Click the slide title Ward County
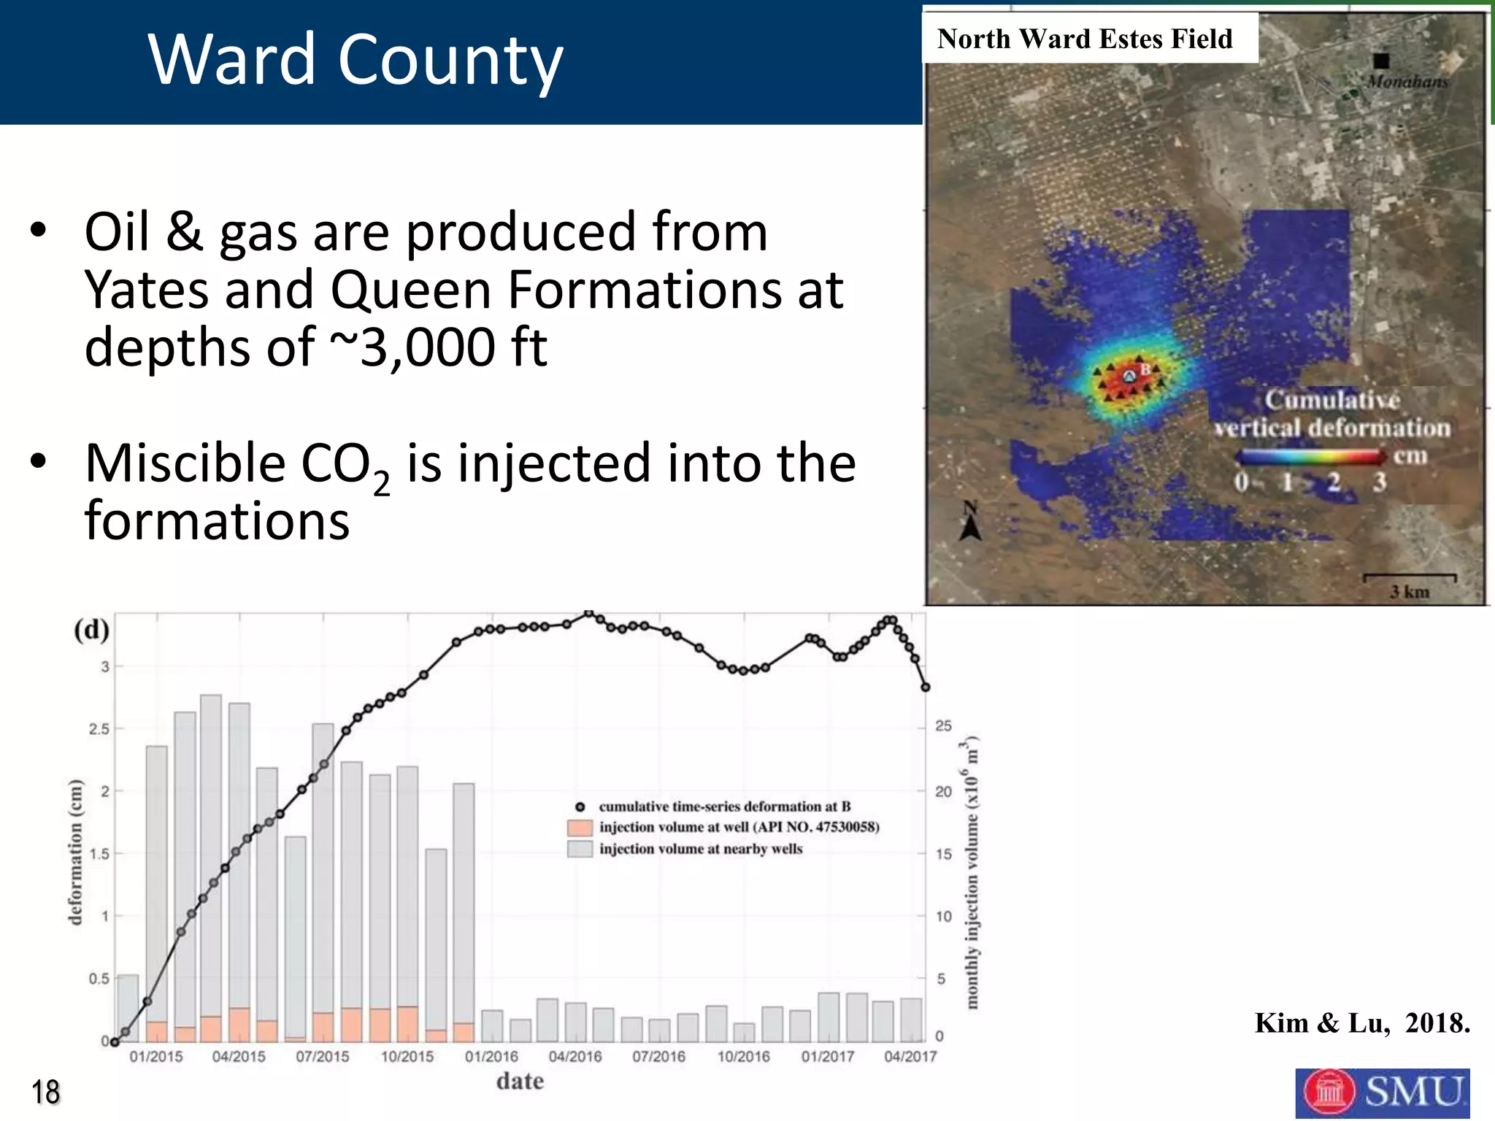(356, 60)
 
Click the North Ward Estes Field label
(1085, 39)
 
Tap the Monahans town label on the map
(1407, 82)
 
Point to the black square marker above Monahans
(1380, 61)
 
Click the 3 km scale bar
(1410, 578)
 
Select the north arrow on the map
(970, 522)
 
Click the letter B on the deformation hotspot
(1145, 369)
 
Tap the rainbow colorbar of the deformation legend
(1310, 458)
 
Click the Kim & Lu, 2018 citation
(1361, 1023)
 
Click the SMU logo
(1382, 1092)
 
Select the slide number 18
(45, 1093)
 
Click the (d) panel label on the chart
(92, 629)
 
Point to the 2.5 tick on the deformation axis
(99, 729)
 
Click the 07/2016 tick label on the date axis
(659, 1056)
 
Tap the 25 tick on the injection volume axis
(943, 726)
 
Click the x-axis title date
(520, 1081)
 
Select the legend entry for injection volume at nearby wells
(700, 849)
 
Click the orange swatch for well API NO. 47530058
(580, 828)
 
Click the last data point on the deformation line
(926, 687)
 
